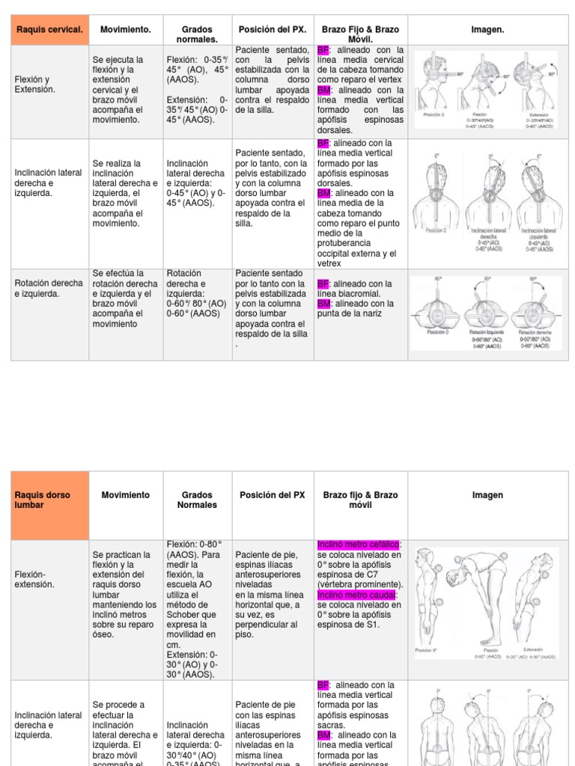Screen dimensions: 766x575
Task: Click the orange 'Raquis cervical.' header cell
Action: pos(50,29)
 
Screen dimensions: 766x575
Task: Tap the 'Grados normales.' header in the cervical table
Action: pos(197,34)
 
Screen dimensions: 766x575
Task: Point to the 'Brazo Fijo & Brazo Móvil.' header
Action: pos(360,34)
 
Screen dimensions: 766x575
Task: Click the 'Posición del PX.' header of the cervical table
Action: pos(272,29)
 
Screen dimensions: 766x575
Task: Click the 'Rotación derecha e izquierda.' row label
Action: pos(49,288)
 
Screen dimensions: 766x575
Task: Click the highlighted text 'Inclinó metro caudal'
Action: pos(355,594)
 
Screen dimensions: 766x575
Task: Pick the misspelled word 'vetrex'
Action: pos(329,263)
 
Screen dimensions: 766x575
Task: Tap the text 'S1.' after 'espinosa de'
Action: pos(373,624)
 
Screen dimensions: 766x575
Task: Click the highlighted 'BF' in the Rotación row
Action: pos(323,284)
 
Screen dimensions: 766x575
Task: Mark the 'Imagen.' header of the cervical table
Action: pos(487,29)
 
